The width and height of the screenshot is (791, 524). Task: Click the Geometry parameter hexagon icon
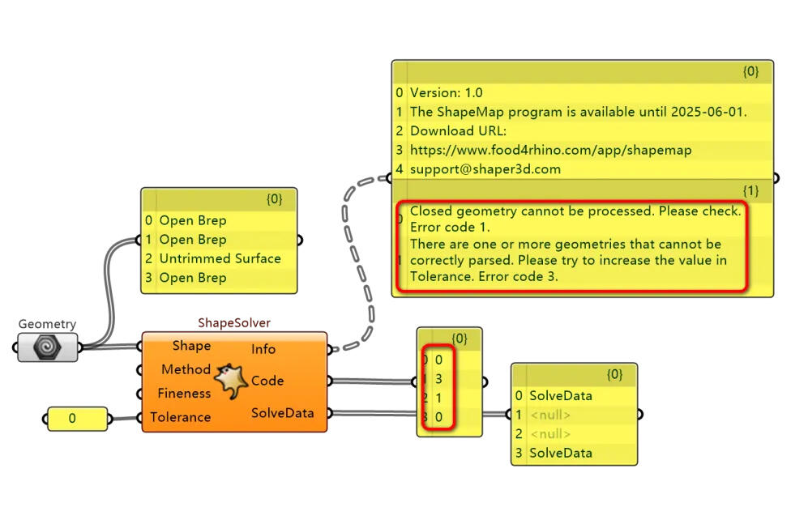point(48,347)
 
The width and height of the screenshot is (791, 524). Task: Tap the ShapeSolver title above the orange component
point(234,323)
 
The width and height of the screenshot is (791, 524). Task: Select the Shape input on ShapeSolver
point(191,346)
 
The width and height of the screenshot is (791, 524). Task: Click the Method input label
point(186,369)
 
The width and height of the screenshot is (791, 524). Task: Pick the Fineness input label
point(184,394)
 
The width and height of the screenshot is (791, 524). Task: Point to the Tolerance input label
point(180,417)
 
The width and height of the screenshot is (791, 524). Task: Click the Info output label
point(263,349)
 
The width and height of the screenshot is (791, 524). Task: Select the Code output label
point(267,381)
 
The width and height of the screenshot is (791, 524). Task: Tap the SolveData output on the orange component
point(283,413)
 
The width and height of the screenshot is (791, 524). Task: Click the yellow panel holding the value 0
point(77,419)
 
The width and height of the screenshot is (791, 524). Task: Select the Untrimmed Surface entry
point(220,258)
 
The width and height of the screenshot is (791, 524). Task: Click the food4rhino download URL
point(551,150)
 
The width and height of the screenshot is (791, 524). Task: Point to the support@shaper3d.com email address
point(485,169)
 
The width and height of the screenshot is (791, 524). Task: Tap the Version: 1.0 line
point(446,93)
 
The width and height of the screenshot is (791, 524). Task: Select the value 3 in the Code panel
point(438,379)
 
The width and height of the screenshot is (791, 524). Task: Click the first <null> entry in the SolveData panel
point(549,415)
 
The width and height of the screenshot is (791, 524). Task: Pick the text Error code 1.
point(450,227)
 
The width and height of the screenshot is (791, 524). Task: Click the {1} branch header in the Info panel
point(750,190)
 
